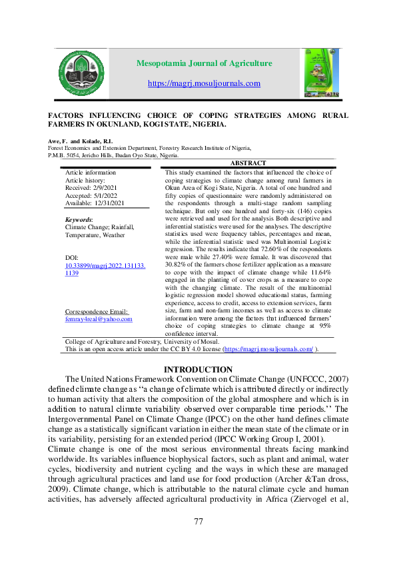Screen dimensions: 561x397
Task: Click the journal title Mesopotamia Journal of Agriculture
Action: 204,63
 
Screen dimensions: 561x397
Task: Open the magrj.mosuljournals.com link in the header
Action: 204,83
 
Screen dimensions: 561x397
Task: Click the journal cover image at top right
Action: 321,72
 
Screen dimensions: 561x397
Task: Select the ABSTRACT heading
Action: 247,163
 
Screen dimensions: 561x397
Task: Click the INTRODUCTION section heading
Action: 198,370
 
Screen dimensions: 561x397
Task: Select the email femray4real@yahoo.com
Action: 99,319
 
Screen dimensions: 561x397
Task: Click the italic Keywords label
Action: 79,219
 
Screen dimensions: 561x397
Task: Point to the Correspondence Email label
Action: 97,312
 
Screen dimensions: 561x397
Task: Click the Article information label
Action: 90,173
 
